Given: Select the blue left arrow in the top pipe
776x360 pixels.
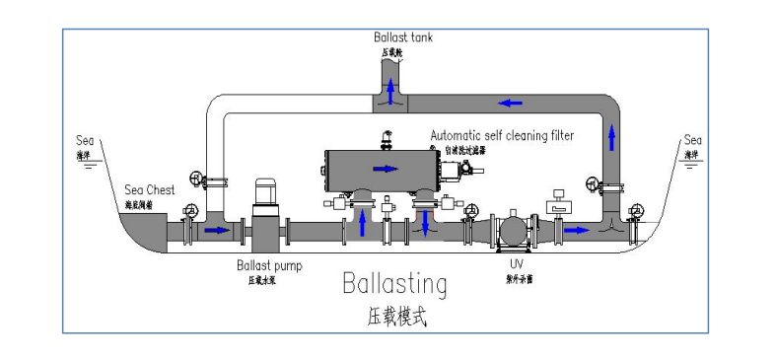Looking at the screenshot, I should (510, 102).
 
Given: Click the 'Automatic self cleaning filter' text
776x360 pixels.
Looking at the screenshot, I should (501, 135).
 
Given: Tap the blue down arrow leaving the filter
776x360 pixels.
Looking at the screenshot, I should (425, 222).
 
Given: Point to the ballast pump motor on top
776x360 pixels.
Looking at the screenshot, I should (265, 191).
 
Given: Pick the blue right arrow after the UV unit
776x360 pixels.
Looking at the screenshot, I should (580, 231).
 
